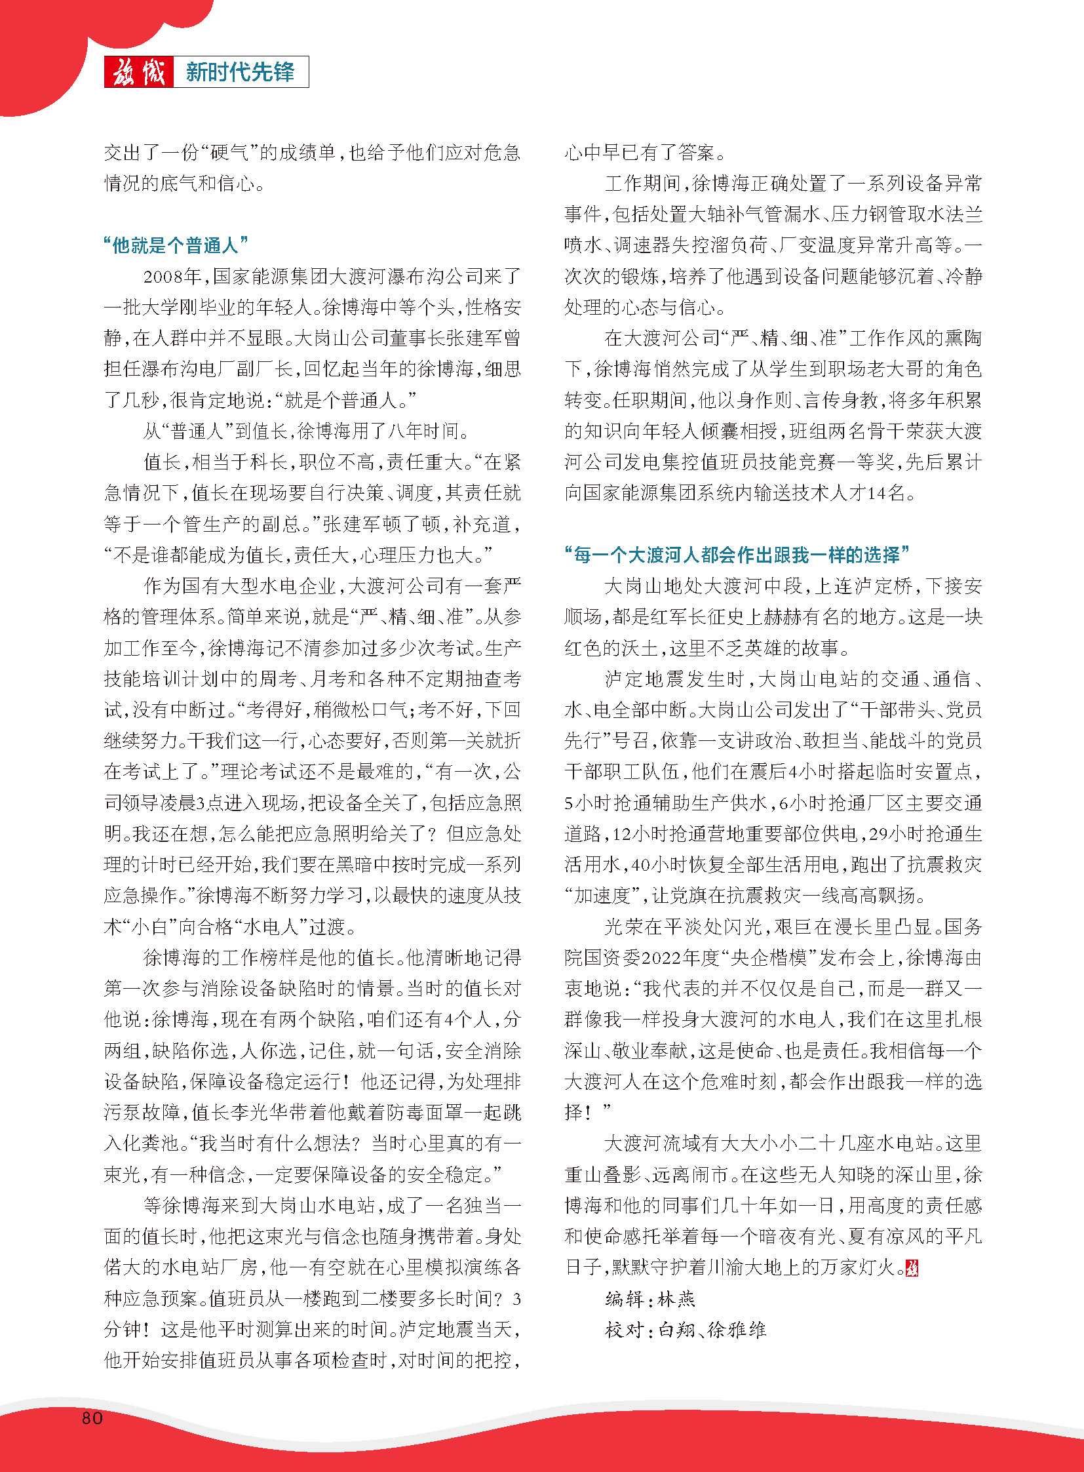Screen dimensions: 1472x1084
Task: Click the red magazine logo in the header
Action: (x=139, y=72)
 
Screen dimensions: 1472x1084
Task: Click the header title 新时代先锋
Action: (x=239, y=72)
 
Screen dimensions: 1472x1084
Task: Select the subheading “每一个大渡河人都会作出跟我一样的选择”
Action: (x=738, y=555)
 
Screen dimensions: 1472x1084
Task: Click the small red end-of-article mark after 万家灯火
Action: (x=912, y=1269)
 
